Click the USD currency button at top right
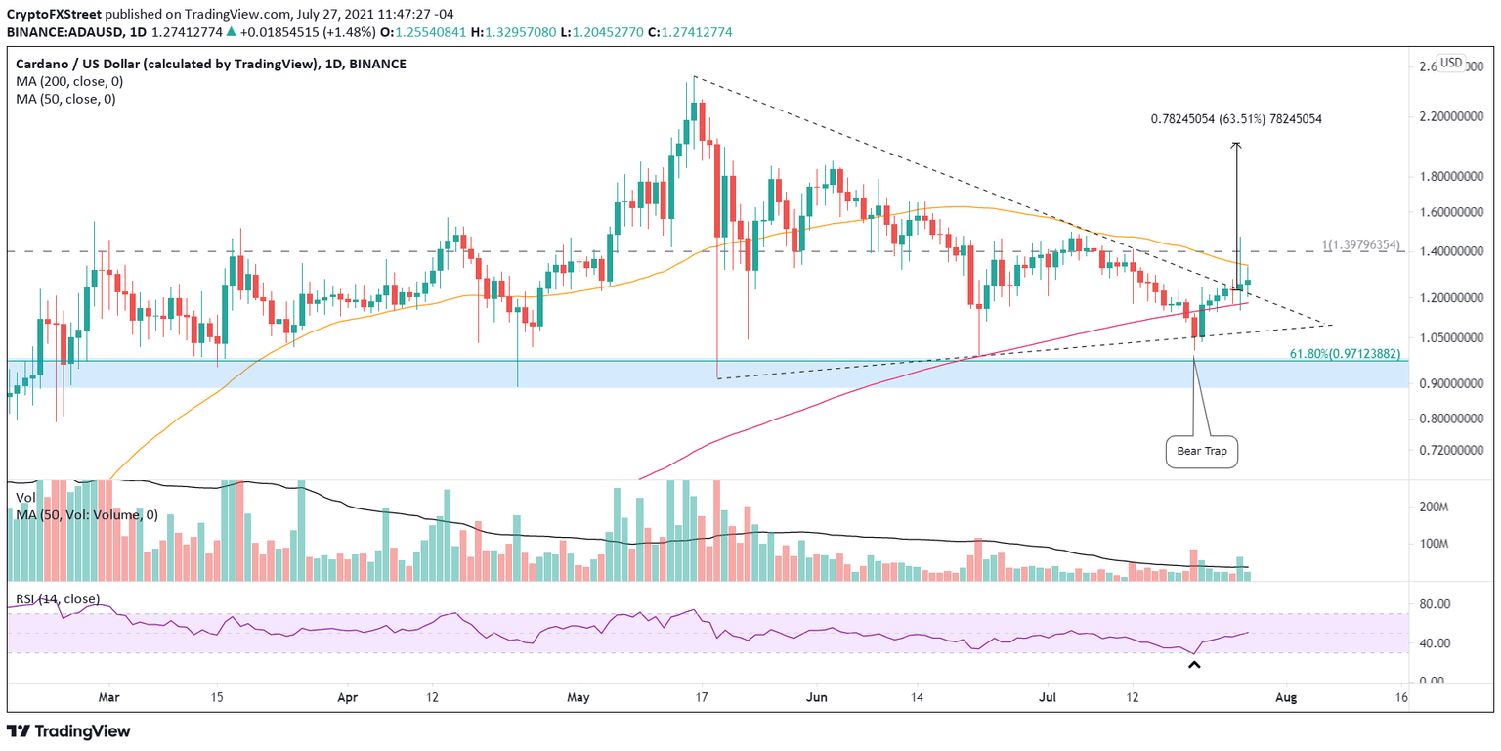[1451, 64]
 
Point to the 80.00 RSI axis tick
[1439, 604]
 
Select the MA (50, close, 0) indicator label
[67, 99]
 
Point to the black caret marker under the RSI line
[1193, 666]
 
